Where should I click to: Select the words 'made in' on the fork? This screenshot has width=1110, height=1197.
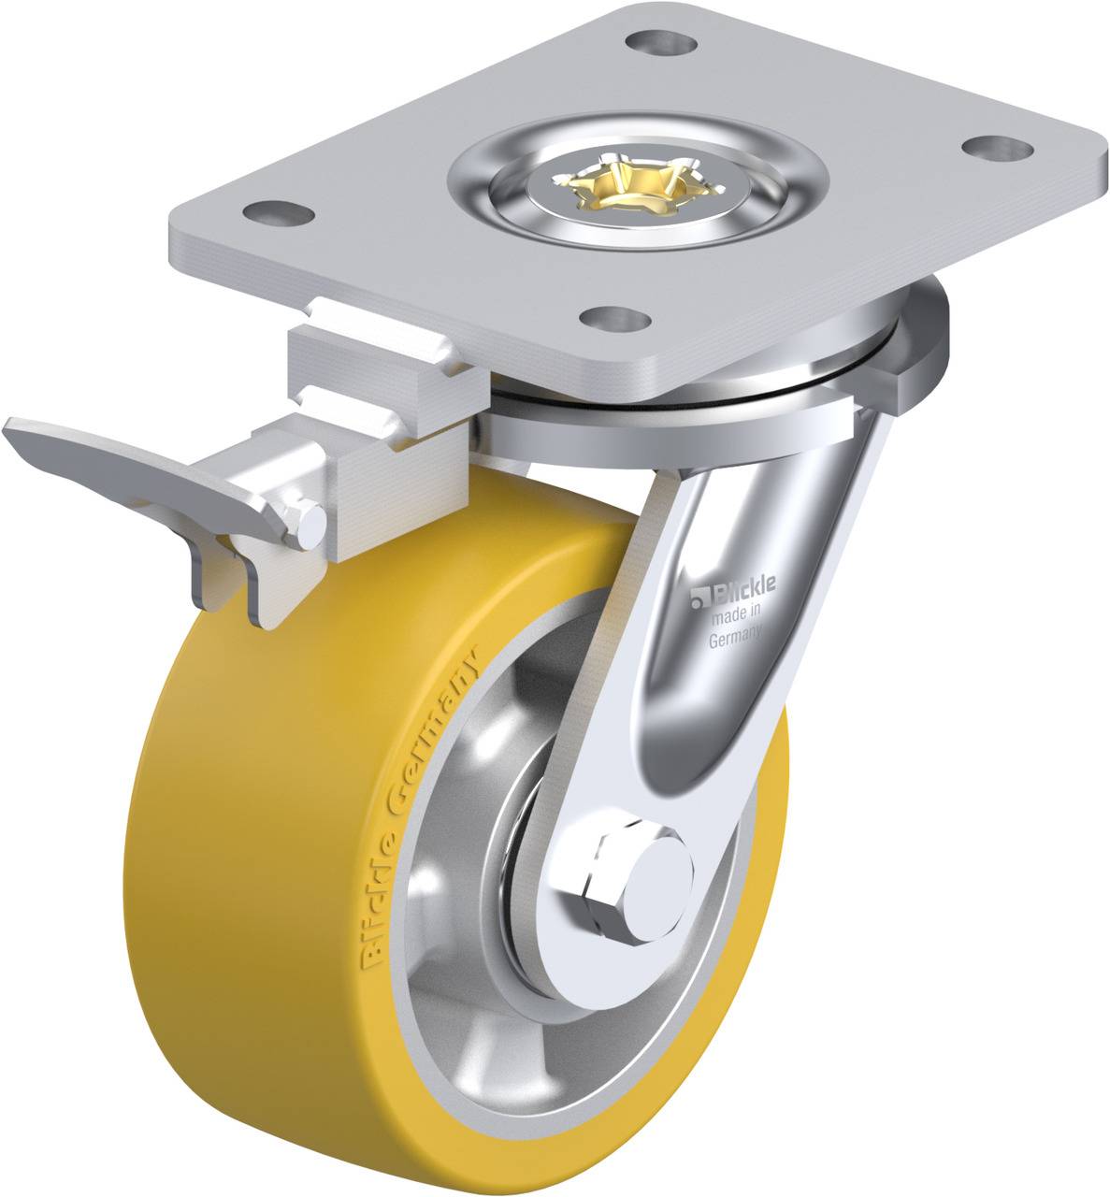(x=737, y=617)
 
